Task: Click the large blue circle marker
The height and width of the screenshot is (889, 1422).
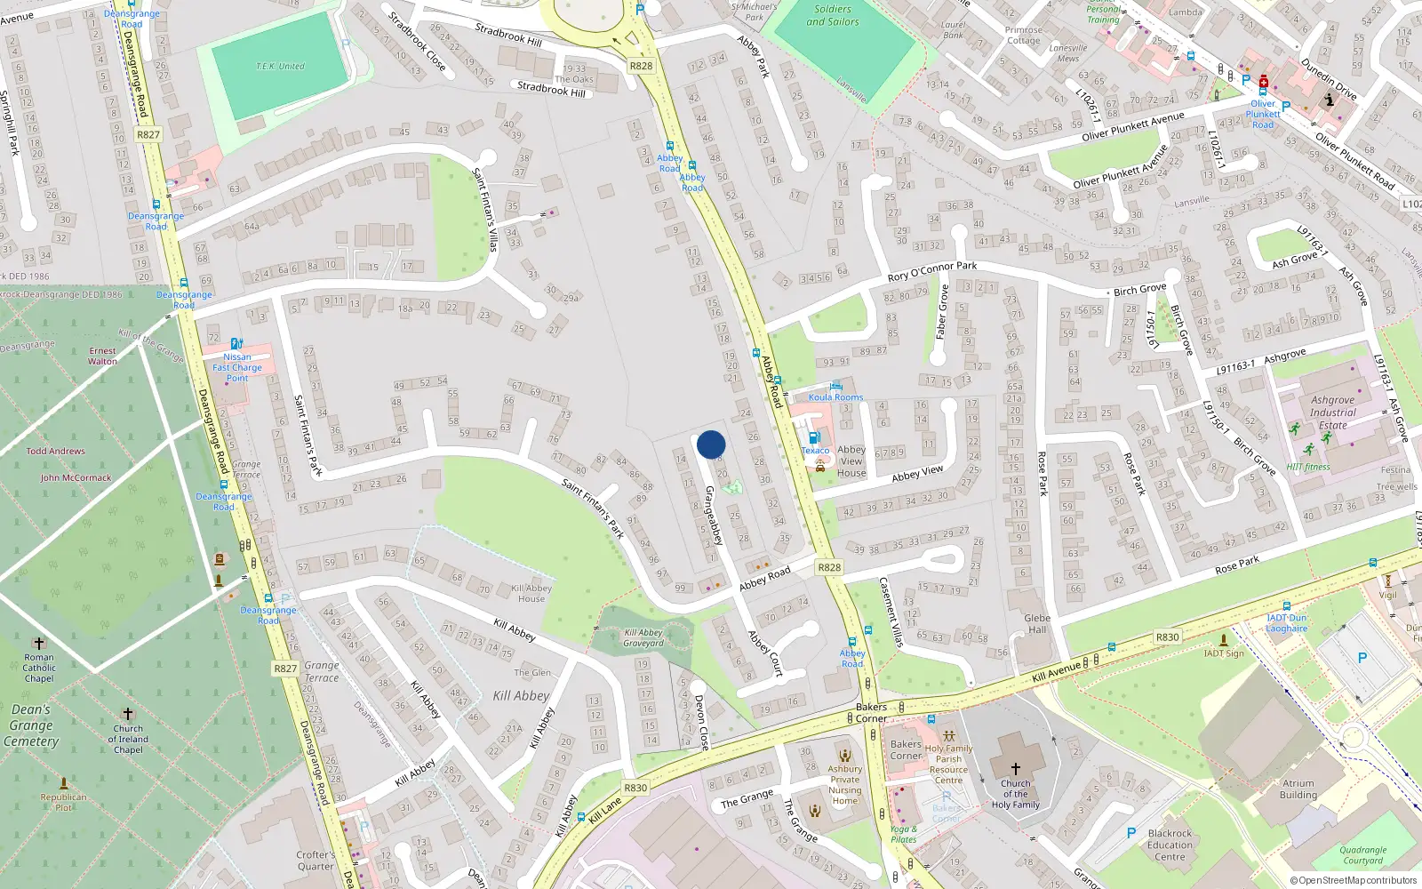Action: point(711,444)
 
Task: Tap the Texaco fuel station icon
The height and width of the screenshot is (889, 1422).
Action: point(813,438)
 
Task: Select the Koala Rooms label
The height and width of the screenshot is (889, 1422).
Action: point(835,397)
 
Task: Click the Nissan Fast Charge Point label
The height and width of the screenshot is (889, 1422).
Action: point(237,367)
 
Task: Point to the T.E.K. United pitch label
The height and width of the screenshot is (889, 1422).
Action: point(280,67)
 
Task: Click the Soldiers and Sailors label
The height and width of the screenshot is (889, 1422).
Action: point(833,15)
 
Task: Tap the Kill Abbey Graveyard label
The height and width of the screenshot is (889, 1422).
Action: point(643,637)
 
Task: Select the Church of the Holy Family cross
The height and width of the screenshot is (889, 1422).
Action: point(1016,769)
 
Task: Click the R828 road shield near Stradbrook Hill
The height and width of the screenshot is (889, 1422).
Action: point(641,66)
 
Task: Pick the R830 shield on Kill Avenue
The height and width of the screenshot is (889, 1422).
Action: point(1167,637)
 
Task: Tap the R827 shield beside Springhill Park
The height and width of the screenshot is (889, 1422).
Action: point(148,135)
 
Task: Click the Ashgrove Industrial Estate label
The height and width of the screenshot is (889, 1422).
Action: point(1333,412)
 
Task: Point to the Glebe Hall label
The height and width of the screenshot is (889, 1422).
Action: point(1037,623)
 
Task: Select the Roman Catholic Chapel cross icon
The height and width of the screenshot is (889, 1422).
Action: point(38,643)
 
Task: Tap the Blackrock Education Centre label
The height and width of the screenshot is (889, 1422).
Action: point(1170,845)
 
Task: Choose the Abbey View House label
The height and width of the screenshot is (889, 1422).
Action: point(851,461)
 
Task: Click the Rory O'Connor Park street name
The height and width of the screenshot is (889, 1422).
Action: point(931,271)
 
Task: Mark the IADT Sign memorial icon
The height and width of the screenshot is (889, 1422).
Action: point(1224,639)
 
